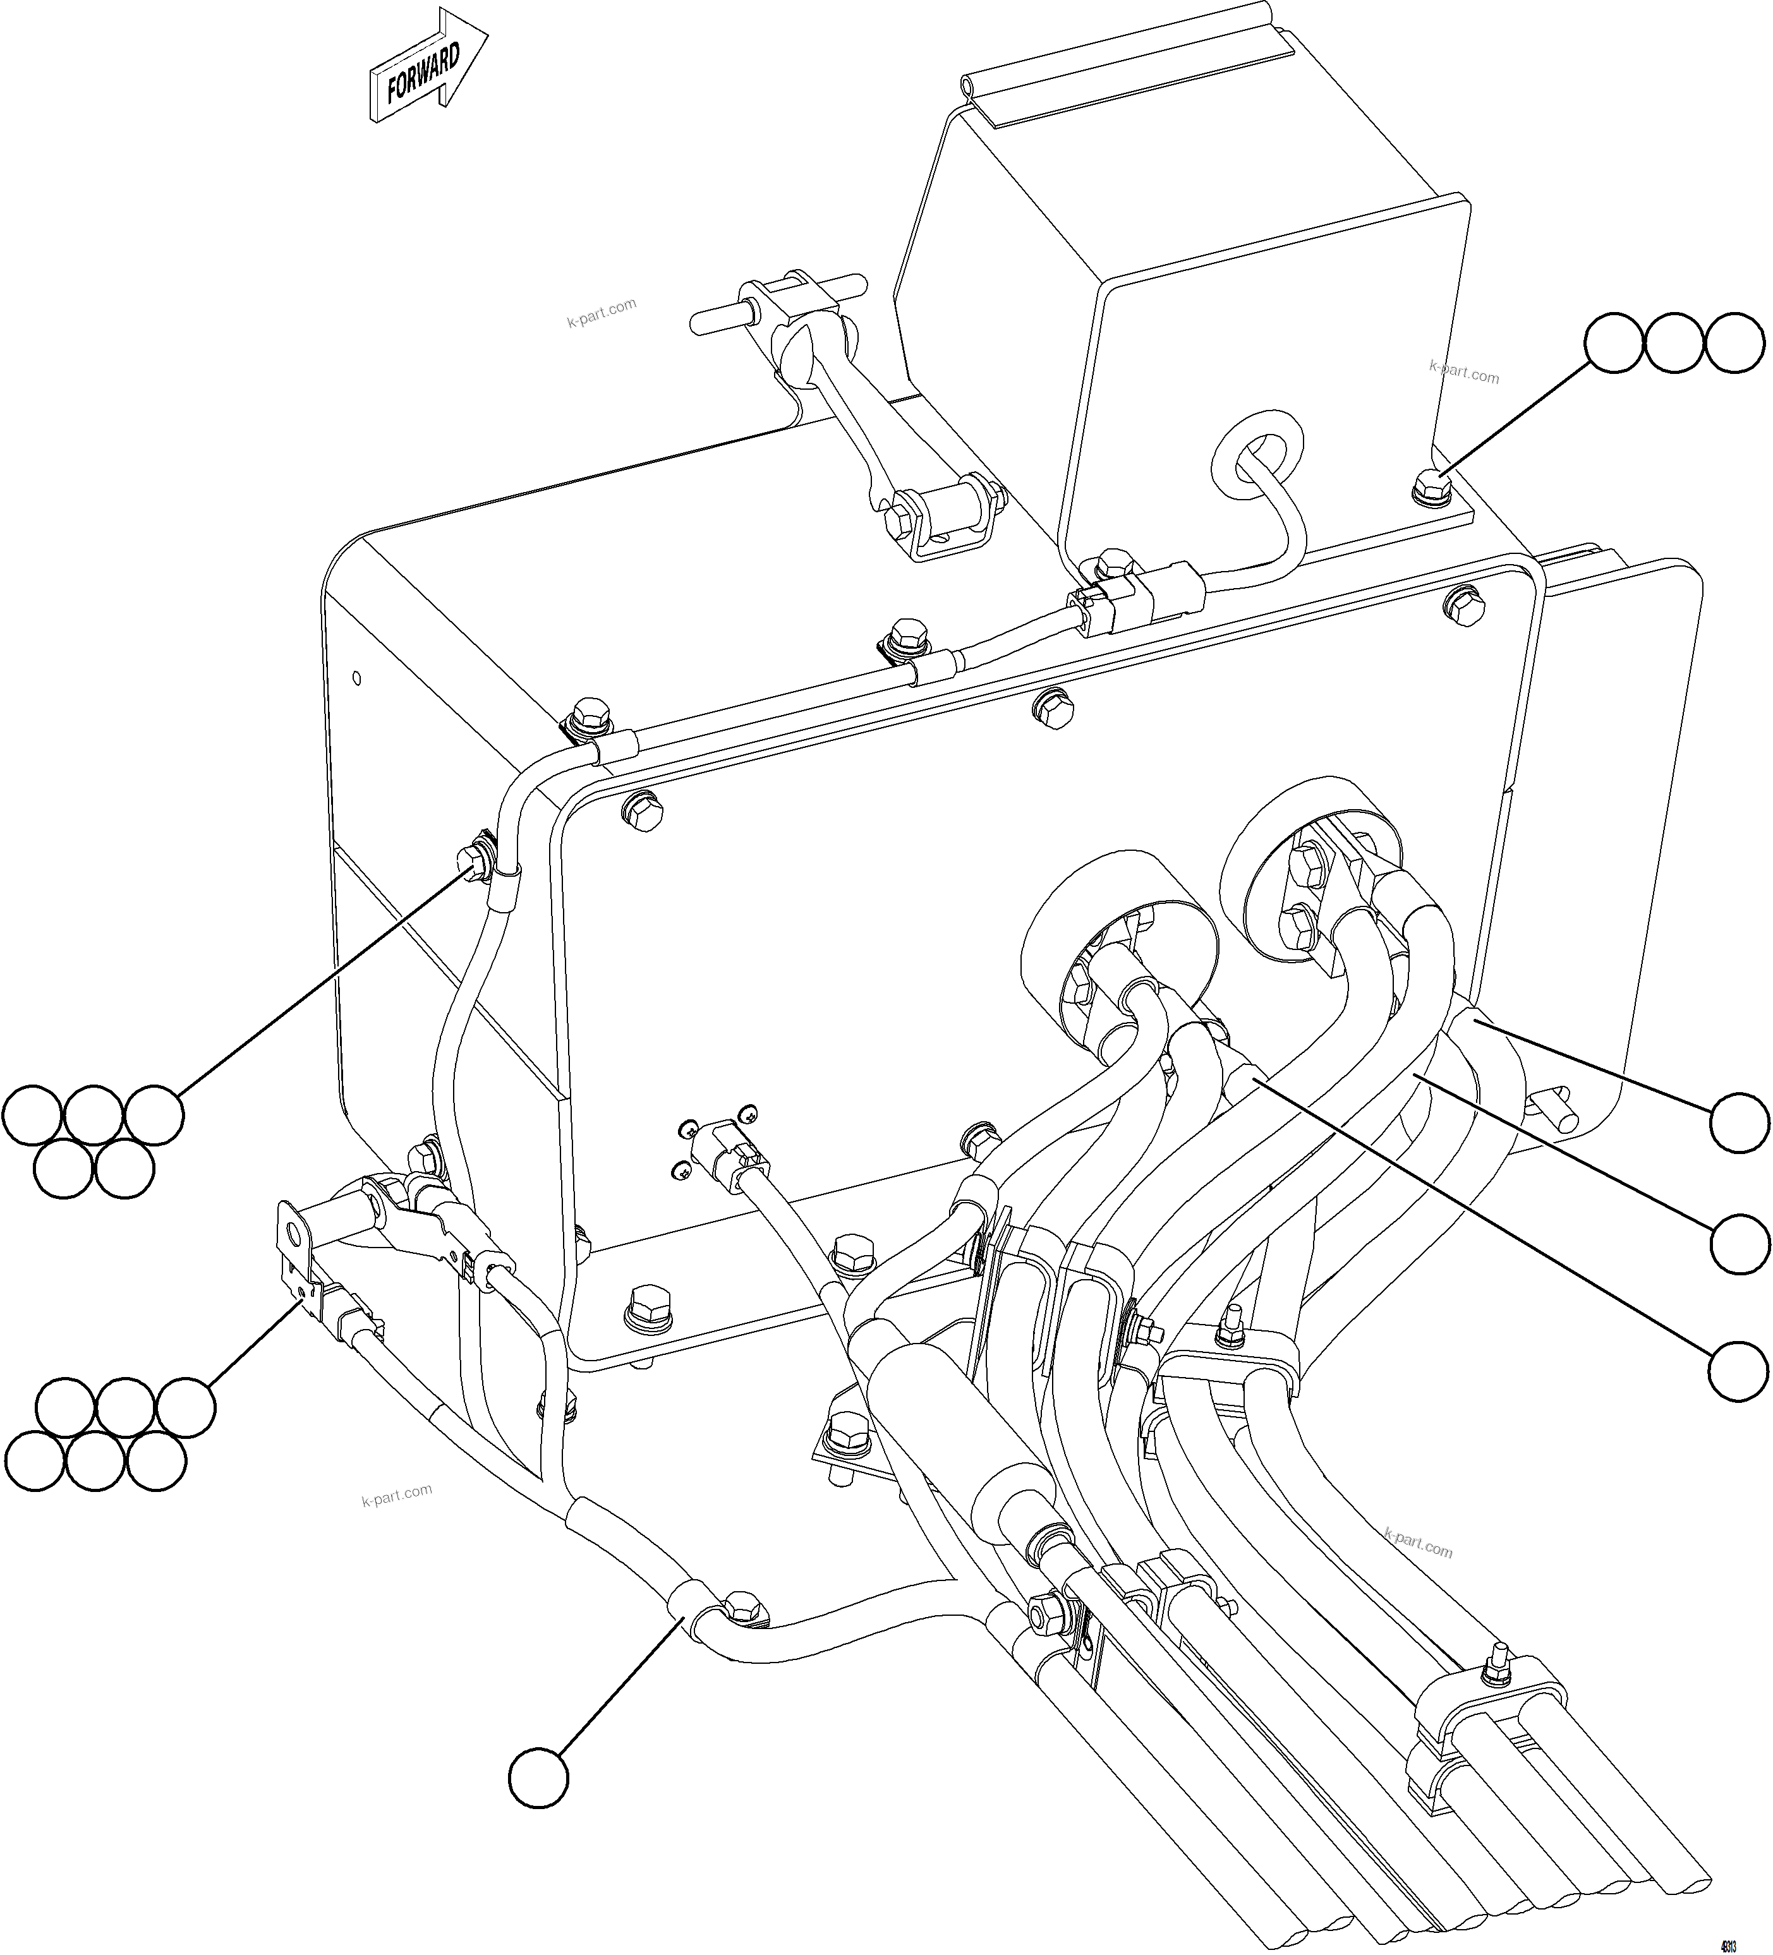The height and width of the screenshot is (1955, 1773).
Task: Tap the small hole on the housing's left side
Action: click(x=358, y=678)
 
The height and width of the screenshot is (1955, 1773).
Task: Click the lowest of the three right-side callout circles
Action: click(x=1739, y=1371)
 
